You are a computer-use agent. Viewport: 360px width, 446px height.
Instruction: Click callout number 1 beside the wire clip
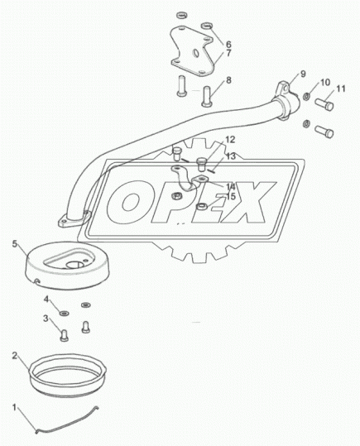(x=14, y=408)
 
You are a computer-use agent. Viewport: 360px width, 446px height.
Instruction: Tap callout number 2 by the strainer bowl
(x=15, y=356)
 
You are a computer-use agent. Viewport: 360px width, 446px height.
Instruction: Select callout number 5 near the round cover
(x=15, y=244)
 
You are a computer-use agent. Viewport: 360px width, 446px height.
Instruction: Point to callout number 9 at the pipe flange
(x=303, y=74)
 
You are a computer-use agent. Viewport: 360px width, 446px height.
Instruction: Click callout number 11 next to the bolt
(x=340, y=89)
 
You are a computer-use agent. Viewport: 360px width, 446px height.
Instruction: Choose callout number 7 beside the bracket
(x=228, y=53)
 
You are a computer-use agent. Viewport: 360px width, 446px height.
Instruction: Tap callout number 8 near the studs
(x=228, y=80)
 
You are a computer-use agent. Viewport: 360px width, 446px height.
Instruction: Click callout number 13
(x=231, y=156)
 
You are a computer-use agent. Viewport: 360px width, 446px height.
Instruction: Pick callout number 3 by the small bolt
(x=46, y=319)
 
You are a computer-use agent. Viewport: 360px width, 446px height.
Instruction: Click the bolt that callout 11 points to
(x=324, y=104)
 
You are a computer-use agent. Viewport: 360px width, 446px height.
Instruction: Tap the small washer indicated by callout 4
(x=65, y=313)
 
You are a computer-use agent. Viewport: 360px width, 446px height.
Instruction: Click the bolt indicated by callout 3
(x=65, y=335)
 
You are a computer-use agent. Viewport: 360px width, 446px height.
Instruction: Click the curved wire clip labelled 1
(x=67, y=422)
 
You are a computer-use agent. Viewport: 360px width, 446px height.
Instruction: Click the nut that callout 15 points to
(x=202, y=206)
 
